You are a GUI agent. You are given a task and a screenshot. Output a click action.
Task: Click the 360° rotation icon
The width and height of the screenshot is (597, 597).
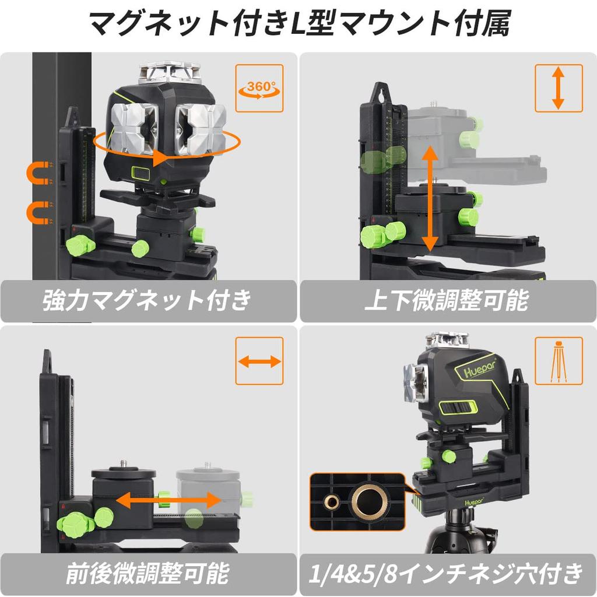[259, 88]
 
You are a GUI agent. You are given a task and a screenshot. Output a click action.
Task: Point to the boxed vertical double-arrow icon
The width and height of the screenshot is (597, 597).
[559, 88]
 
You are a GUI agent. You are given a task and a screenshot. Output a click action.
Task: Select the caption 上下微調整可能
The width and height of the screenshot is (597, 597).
[447, 301]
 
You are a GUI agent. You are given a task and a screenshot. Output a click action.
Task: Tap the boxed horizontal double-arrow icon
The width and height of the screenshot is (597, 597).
[259, 361]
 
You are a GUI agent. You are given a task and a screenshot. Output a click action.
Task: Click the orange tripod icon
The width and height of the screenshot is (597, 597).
[559, 361]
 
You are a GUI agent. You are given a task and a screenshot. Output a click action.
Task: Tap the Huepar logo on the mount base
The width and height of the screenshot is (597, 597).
[473, 501]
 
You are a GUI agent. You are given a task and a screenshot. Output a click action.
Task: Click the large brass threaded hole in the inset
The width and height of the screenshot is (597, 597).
[367, 500]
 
